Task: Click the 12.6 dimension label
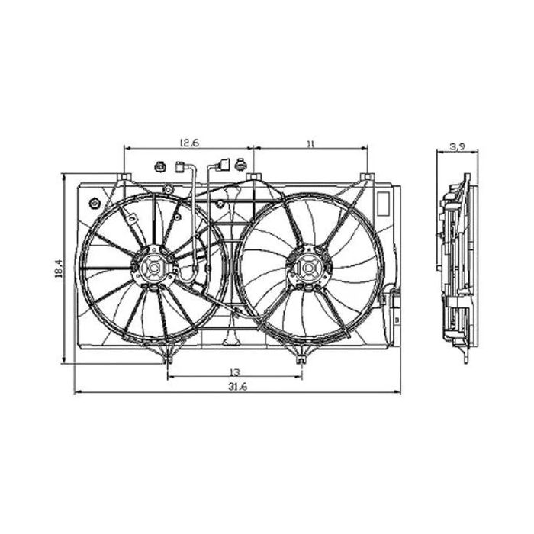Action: coord(188,143)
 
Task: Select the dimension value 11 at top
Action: coord(310,143)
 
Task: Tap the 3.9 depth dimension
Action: coord(458,146)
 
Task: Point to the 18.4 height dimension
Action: coord(59,269)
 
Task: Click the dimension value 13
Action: coord(235,372)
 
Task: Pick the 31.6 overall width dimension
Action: coord(237,387)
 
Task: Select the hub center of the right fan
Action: coord(308,269)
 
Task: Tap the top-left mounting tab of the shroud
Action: coord(125,177)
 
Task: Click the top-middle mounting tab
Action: coord(254,176)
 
